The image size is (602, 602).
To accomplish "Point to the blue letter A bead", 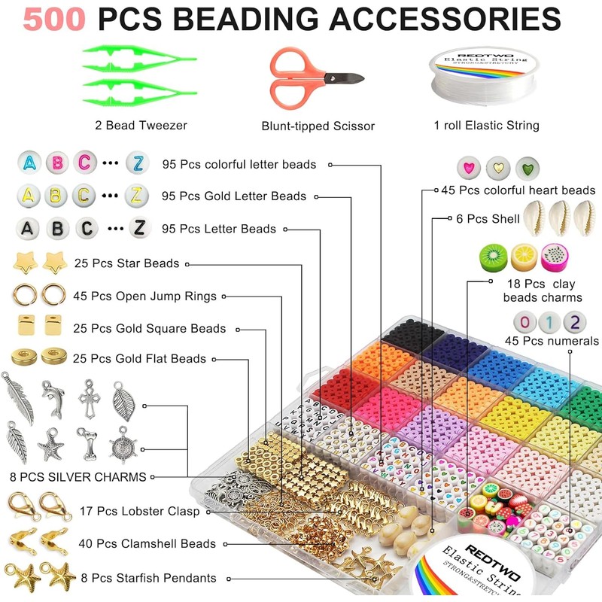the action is coord(30,163).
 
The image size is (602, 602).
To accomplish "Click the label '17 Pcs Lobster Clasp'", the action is coord(139,512).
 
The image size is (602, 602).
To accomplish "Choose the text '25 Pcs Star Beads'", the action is coord(126,263).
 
